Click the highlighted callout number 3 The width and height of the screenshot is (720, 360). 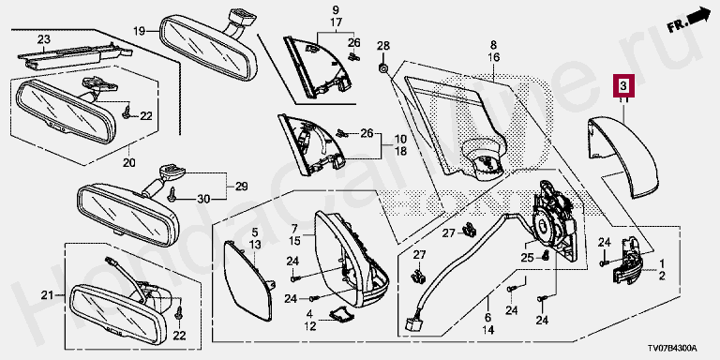(623, 86)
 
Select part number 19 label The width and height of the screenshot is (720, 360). (139, 31)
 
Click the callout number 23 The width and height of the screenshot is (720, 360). (44, 40)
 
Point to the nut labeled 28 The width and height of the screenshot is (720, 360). (383, 68)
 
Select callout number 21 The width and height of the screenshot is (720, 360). (47, 295)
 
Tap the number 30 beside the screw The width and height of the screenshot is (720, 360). (203, 199)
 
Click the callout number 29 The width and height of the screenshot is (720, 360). (242, 187)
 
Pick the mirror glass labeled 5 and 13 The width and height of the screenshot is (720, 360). (247, 280)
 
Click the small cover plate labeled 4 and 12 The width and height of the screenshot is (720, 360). (342, 313)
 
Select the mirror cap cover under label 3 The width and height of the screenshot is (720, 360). (623, 157)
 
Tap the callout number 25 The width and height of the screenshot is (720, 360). (528, 258)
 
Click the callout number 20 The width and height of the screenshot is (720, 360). (128, 162)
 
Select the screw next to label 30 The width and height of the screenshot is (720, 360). (173, 195)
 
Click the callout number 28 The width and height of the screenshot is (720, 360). (383, 45)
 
